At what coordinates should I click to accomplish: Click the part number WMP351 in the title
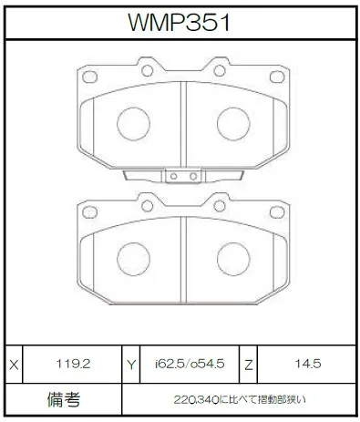tap(179, 23)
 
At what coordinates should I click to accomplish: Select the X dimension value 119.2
tap(73, 364)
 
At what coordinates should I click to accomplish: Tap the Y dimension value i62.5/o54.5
tap(190, 364)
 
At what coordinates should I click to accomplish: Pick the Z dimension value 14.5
tap(308, 364)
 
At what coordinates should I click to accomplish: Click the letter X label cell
tap(14, 365)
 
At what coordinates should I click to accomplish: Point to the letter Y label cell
tap(131, 365)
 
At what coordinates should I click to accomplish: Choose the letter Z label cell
tap(249, 365)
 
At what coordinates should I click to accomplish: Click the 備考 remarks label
tap(64, 399)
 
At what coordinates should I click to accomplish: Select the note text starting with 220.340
tap(240, 399)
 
